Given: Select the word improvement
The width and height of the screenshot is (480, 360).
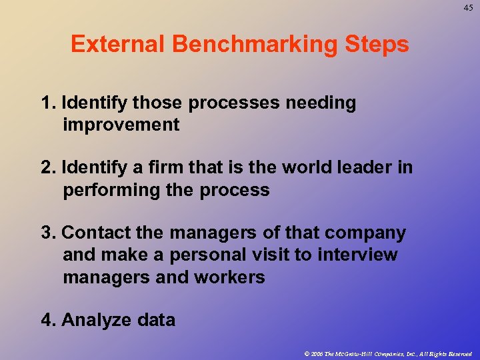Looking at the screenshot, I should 121,125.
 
